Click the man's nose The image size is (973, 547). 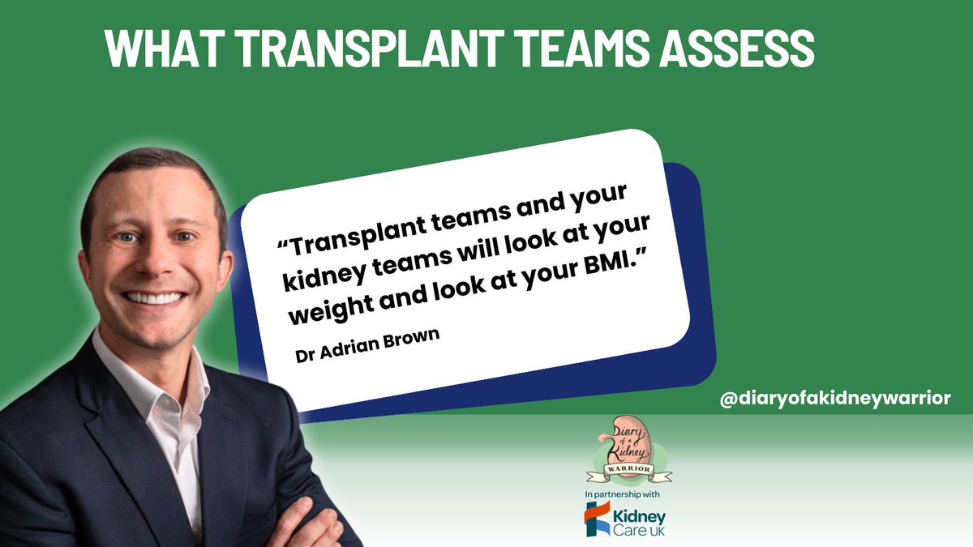[150, 259]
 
